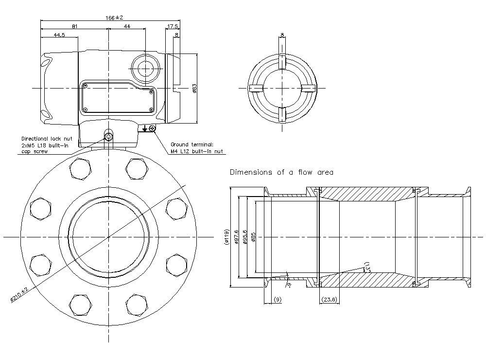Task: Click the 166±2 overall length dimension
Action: pos(113,18)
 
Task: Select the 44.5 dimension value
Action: pos(59,35)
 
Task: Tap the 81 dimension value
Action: pos(74,26)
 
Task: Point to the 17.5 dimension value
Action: pos(173,26)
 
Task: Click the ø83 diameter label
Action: pos(193,88)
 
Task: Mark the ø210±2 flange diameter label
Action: pos(19,296)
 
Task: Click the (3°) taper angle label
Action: pos(367,267)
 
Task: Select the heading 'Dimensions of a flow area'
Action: pos(281,172)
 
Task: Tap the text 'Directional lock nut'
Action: pos(47,139)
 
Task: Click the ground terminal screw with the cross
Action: pos(152,128)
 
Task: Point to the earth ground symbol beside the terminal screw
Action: pos(145,128)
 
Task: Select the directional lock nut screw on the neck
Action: pos(109,135)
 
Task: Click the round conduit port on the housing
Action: pos(145,69)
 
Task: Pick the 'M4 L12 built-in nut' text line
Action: pos(197,151)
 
